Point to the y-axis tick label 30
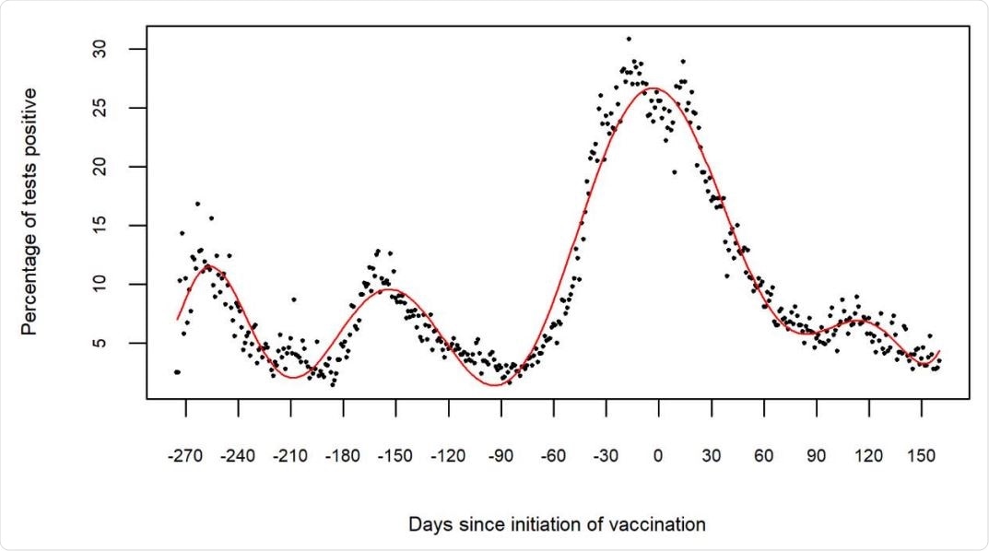[x=111, y=49]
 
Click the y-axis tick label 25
[x=111, y=108]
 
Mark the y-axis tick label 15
[x=111, y=226]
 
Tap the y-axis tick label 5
[x=111, y=343]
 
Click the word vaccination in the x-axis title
[x=659, y=524]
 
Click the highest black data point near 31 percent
[x=629, y=39]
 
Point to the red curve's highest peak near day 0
[x=653, y=88]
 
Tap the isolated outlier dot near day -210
[x=293, y=299]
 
